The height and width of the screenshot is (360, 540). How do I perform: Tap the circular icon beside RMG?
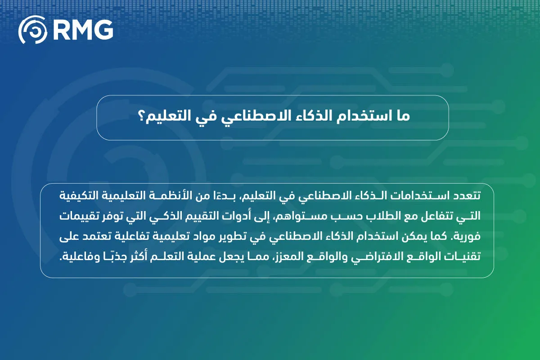tap(33, 30)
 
